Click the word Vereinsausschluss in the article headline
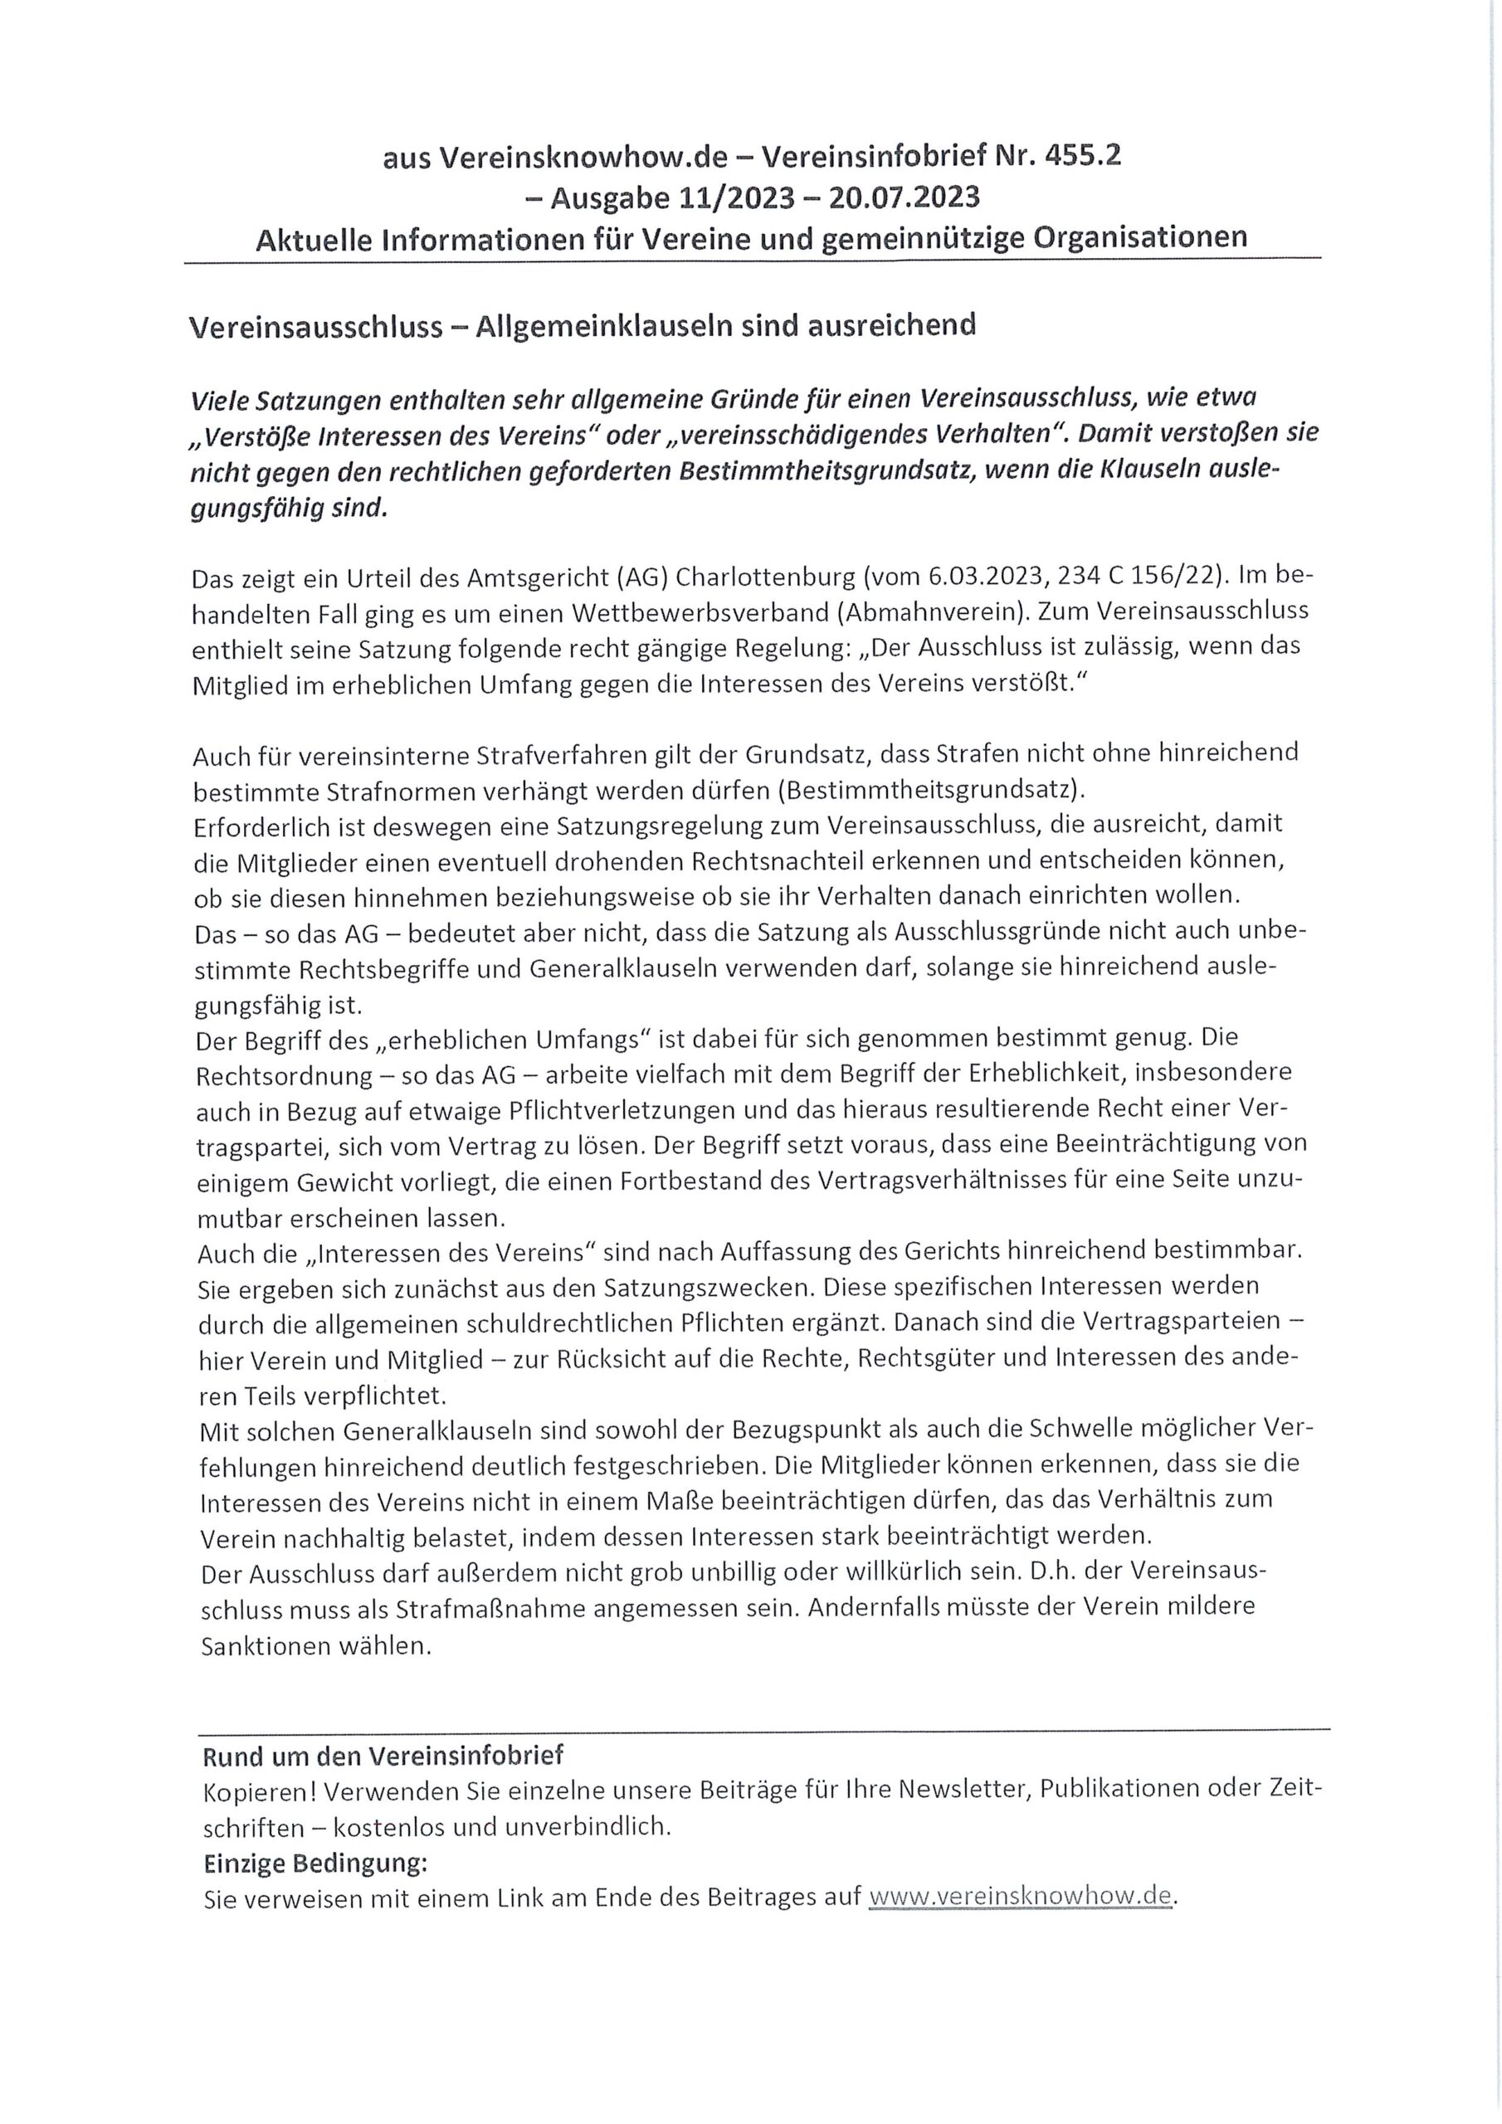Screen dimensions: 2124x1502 point(315,327)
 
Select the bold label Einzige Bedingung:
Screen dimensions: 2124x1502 point(315,1861)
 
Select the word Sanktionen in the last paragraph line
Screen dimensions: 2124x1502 point(271,1646)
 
